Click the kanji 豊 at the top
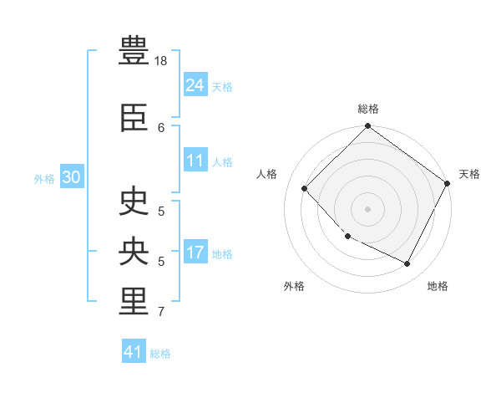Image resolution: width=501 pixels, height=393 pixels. tap(134, 50)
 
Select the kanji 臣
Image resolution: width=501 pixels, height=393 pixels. tap(134, 117)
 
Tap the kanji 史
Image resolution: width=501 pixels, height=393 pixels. tap(134, 201)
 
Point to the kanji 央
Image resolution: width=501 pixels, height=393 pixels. tap(134, 251)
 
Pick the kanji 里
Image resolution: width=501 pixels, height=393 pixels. tap(134, 301)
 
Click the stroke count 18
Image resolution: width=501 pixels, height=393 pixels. tap(160, 61)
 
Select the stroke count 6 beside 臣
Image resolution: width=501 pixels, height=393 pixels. tap(161, 128)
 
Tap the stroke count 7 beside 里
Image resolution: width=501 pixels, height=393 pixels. tap(161, 311)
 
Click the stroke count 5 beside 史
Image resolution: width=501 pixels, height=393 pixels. tap(161, 212)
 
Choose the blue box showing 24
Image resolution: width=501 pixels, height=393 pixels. tap(195, 84)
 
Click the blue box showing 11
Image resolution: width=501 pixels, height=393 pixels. tap(195, 160)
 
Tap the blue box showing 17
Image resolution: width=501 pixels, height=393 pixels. tap(195, 251)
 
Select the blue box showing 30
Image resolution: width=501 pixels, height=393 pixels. tap(72, 176)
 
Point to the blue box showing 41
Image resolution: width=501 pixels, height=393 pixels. tap(134, 350)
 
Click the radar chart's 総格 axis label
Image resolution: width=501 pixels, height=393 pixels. tap(368, 109)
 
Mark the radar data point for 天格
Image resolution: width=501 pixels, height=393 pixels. tap(447, 183)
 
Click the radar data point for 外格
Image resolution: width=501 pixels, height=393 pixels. tap(348, 236)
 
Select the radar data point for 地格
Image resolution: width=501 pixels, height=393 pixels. tap(407, 263)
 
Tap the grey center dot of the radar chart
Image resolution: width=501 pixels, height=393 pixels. tap(367, 209)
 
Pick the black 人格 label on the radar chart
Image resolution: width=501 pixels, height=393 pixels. tap(266, 174)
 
